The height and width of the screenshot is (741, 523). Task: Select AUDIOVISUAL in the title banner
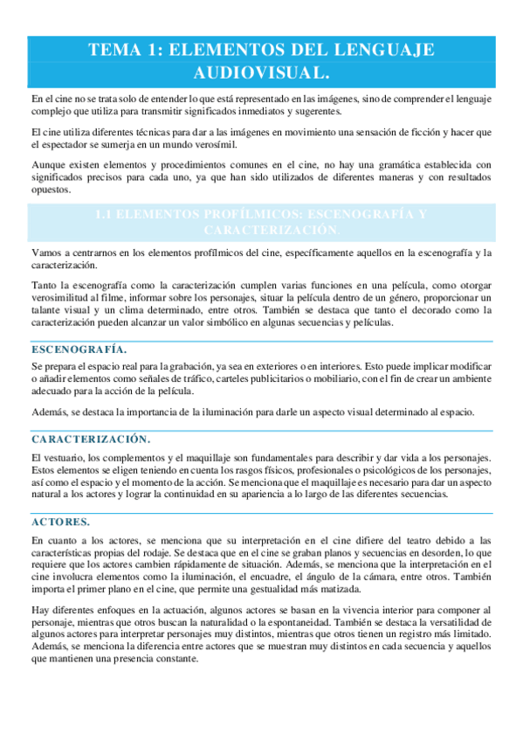point(261,72)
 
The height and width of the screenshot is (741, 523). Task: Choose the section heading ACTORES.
point(59,522)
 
